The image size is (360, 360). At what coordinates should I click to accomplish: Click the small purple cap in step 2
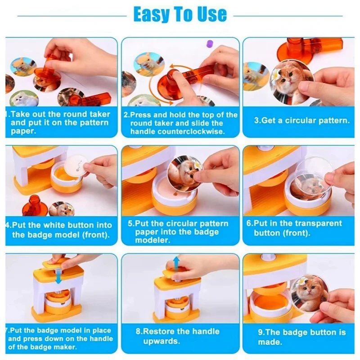click(x=208, y=44)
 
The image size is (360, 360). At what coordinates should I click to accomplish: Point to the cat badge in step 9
click(x=308, y=292)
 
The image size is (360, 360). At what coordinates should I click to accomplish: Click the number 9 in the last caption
click(x=261, y=333)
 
